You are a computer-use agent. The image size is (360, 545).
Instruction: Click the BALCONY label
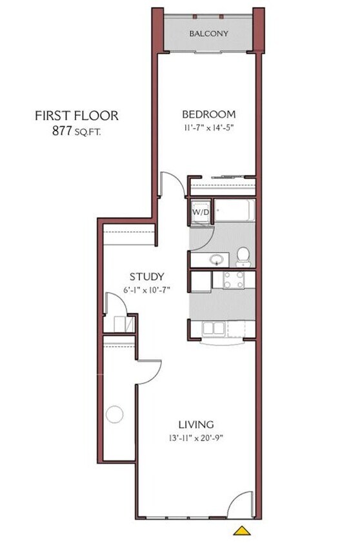coord(209,34)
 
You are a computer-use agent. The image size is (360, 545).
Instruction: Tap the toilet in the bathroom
coord(243,256)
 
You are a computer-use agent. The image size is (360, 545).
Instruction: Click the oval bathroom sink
coord(217,260)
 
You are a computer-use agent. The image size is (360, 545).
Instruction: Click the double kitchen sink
coord(213,329)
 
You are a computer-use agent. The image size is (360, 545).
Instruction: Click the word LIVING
coord(195,424)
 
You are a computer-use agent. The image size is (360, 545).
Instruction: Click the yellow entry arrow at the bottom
coord(241,531)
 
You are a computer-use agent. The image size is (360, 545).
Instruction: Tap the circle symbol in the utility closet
coord(115,414)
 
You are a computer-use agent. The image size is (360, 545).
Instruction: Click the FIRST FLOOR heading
coord(76,116)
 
